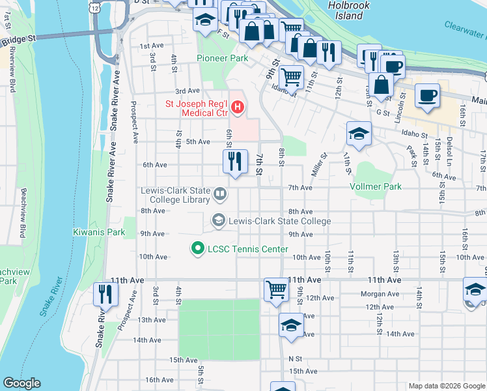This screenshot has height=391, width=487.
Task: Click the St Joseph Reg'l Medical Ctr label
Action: tap(195, 108)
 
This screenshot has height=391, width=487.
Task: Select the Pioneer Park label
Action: tap(223, 58)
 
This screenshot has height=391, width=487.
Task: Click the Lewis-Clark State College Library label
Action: tap(175, 195)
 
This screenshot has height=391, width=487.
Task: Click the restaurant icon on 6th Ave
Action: tap(235, 162)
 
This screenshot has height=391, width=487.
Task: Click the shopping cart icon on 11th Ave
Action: tap(276, 289)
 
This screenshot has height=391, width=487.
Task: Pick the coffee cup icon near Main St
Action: tap(427, 96)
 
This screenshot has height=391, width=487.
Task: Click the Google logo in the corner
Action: tap(21, 383)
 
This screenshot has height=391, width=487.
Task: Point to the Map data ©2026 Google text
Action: tap(446, 386)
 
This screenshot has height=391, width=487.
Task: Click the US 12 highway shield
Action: tap(96, 7)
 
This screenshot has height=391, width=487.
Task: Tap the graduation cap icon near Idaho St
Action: tap(358, 134)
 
